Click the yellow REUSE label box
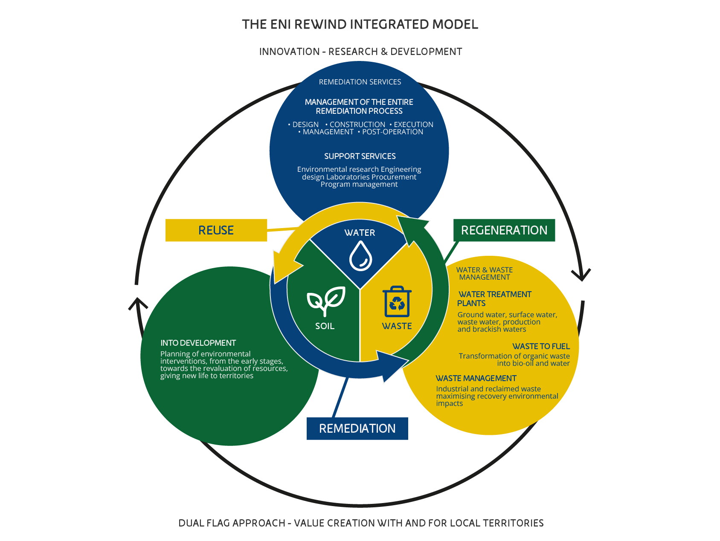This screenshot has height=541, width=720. pos(216,230)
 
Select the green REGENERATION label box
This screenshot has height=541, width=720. pos(504,230)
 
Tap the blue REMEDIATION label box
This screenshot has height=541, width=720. pos(357,428)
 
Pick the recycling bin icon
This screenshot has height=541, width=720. pos(397,301)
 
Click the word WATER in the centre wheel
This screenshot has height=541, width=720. pos(360,233)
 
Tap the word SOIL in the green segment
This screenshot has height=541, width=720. pos(325,326)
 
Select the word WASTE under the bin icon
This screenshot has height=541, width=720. pos(397,326)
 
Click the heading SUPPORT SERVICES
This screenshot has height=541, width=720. pos(360,156)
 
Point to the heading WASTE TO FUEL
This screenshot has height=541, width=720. pos(541,347)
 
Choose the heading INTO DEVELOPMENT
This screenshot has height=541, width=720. pos(198,343)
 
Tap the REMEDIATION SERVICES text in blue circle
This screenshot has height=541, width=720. pos(360,82)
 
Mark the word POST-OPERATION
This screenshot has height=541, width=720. pos(392,132)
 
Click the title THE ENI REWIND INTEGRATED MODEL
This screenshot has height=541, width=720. pos(360,24)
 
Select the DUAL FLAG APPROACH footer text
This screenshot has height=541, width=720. pos(361,523)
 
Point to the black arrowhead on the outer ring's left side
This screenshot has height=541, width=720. pos(137,303)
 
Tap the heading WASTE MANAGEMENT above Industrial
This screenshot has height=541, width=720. pos(476,379)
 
